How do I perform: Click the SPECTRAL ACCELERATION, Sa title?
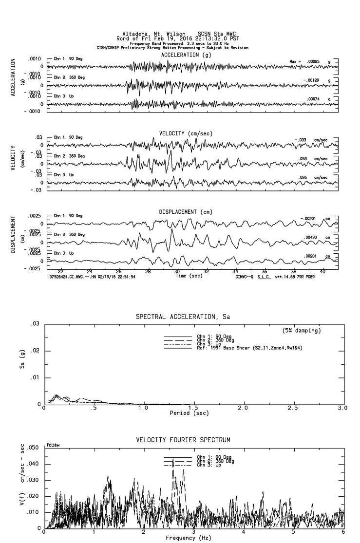(x=183, y=317)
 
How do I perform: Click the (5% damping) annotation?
(x=302, y=331)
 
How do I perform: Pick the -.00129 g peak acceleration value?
(x=312, y=80)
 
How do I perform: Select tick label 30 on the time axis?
(x=177, y=271)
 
